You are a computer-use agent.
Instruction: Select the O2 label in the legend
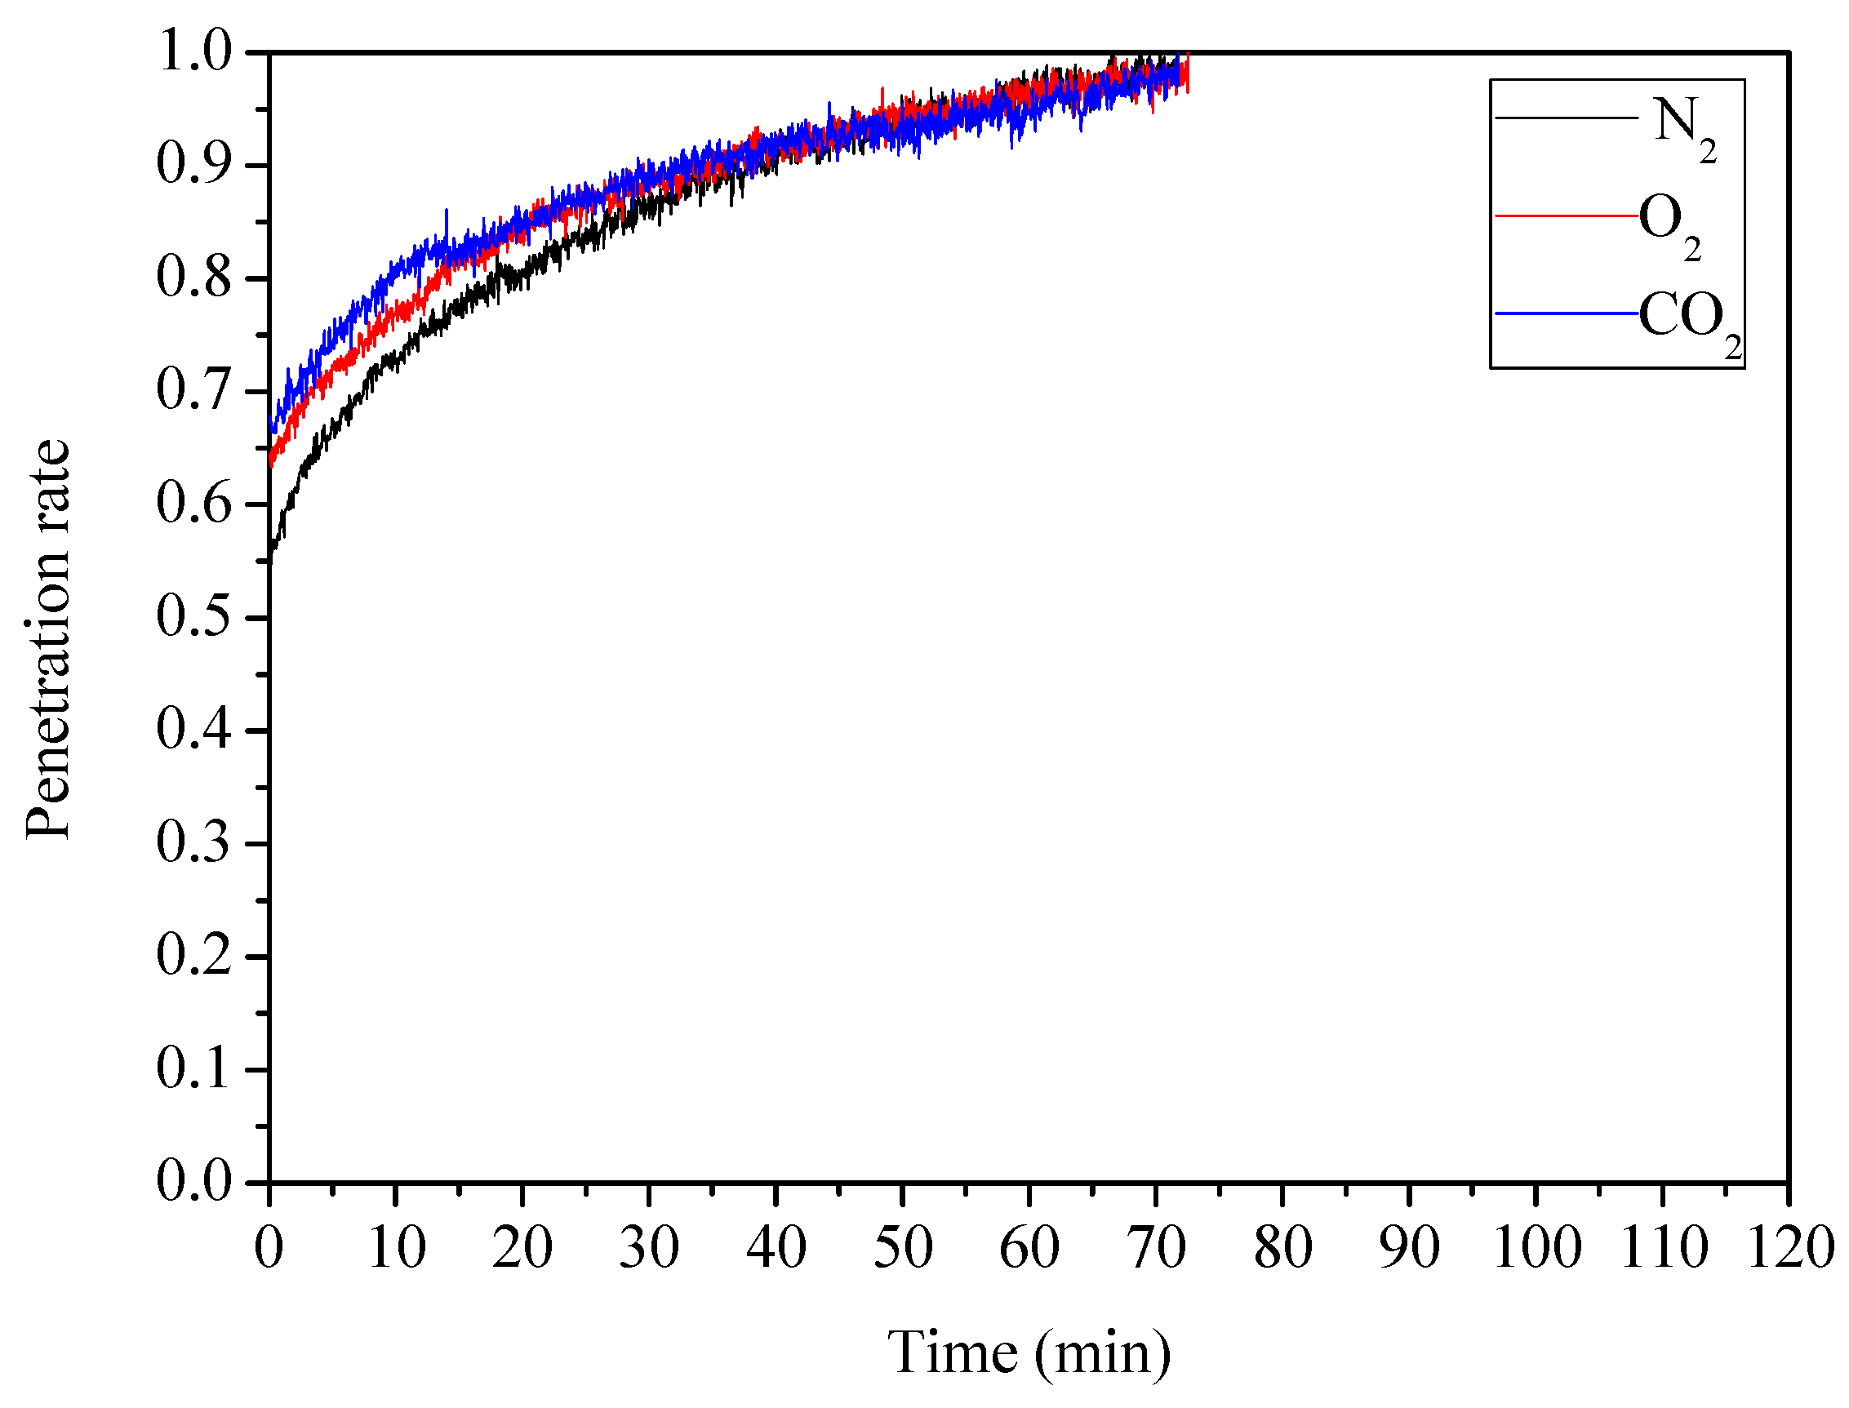click(x=1668, y=224)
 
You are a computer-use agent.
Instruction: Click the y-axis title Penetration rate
click(x=48, y=638)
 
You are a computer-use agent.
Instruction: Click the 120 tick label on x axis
click(x=1789, y=1248)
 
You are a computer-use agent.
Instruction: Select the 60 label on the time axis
click(x=1029, y=1248)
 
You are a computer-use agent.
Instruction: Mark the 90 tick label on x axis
click(x=1408, y=1248)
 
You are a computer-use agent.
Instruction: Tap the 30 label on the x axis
click(x=648, y=1248)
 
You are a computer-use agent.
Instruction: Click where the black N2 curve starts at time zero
click(x=271, y=560)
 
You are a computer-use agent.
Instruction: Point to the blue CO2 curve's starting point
click(x=271, y=425)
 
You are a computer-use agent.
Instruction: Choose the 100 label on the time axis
click(x=1536, y=1248)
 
